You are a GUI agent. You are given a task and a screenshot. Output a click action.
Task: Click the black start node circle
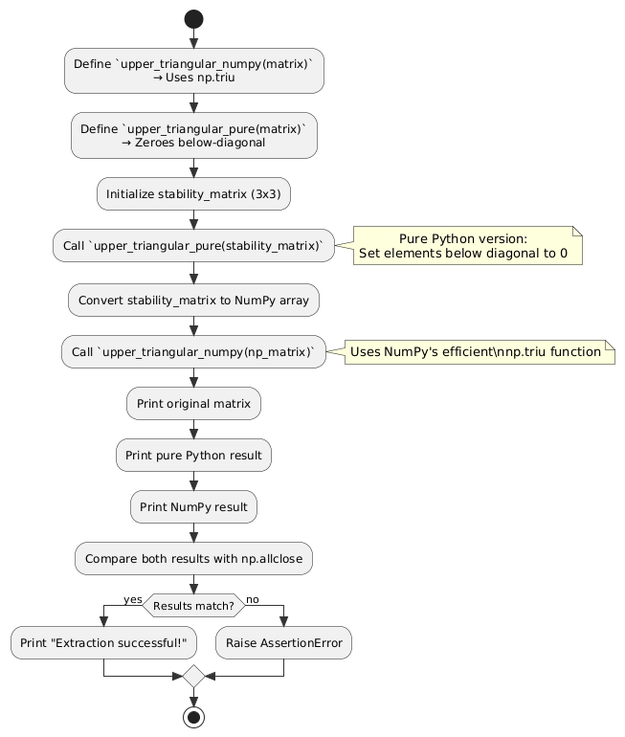coord(193,18)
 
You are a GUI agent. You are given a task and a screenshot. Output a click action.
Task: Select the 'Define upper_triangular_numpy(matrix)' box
coord(193,70)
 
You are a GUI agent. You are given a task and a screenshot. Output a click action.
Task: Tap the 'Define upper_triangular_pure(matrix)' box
coord(193,135)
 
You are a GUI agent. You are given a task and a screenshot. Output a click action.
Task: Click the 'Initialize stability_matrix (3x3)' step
coord(193,193)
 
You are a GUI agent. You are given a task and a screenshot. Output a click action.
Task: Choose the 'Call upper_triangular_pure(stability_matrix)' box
coord(193,246)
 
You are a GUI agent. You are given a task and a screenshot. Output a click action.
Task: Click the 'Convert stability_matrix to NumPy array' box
coord(193,300)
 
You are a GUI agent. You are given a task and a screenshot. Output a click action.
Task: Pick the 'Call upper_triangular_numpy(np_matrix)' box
coord(193,352)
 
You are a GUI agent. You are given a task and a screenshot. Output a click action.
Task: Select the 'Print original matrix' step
coord(193,405)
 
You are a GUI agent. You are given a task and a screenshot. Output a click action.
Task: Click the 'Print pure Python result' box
coord(193,455)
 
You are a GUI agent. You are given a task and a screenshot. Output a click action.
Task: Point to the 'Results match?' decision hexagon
coord(193,605)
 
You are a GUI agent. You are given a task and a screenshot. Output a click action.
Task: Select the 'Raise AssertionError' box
coord(283,642)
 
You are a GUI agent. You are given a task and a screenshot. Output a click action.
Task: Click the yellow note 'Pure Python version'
coord(468,246)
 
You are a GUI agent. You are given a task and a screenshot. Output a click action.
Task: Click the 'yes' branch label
coord(132,599)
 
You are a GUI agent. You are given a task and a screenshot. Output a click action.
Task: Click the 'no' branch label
coord(253,599)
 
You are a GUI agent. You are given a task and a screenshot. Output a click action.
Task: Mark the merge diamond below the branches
coord(193,676)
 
